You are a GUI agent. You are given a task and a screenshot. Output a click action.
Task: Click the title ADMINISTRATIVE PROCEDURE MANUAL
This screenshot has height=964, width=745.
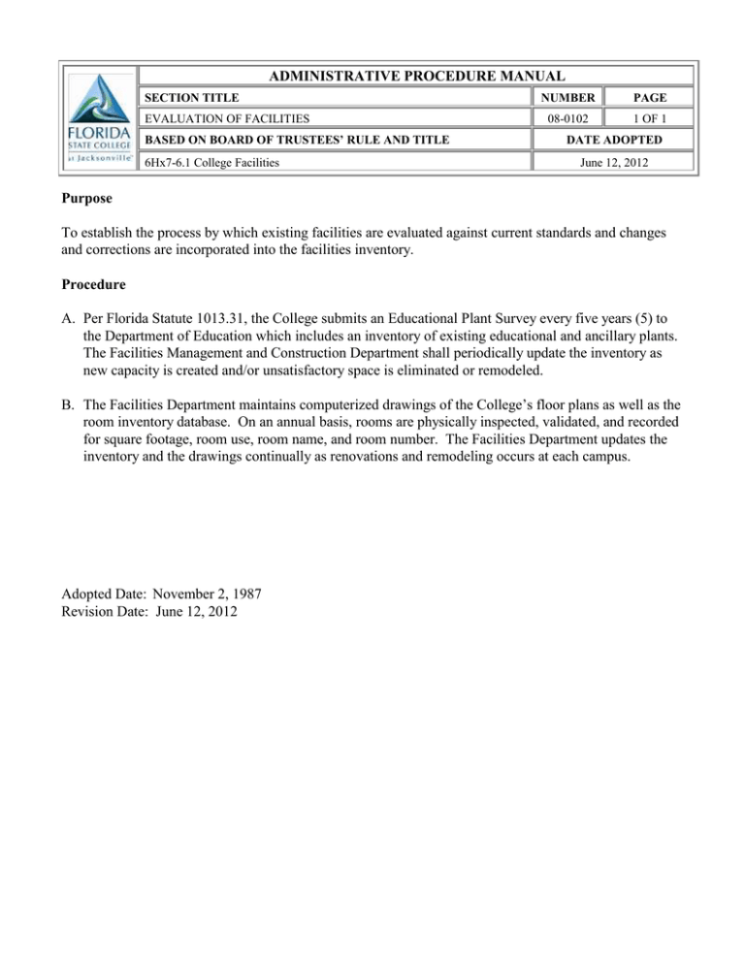416,77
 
